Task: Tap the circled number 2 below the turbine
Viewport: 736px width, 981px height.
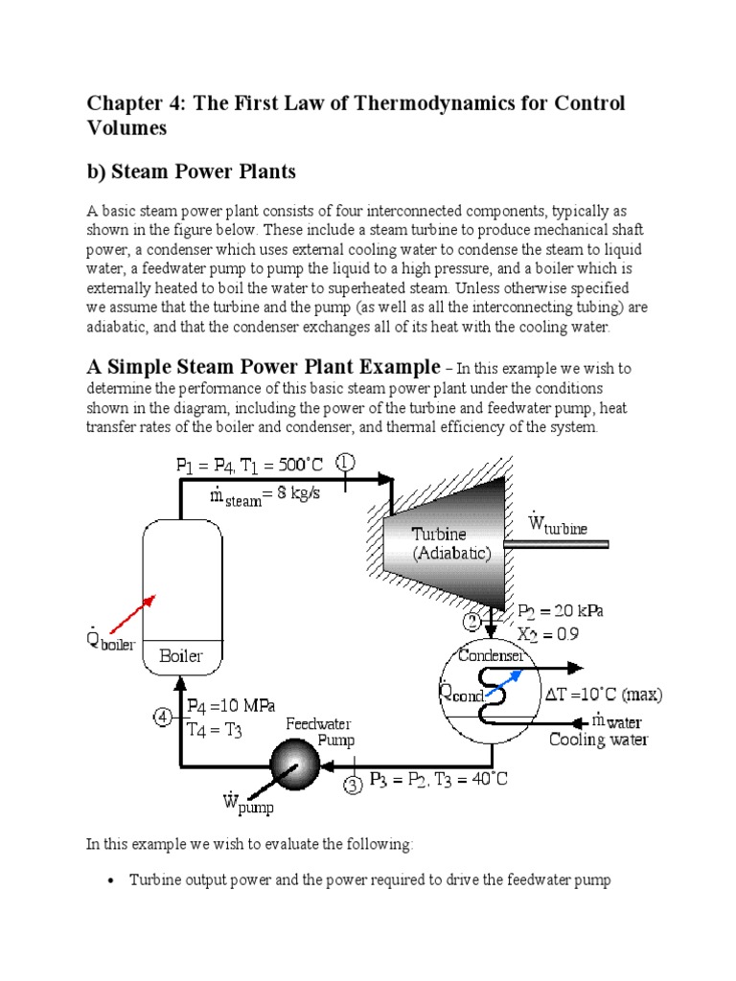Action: [472, 623]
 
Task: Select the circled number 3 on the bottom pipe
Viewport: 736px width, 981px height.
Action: [353, 787]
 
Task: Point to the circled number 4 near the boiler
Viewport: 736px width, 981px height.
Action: [163, 716]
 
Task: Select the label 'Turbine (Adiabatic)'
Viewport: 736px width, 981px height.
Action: [450, 542]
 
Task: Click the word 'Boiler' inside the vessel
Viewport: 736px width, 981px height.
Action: [182, 658]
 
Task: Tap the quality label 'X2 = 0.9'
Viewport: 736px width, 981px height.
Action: [548, 633]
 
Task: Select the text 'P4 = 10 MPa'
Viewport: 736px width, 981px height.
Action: [230, 706]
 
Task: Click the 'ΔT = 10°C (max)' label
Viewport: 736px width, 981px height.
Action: [603, 694]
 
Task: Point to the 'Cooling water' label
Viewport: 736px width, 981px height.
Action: [598, 740]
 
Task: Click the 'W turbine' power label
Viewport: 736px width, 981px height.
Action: [569, 524]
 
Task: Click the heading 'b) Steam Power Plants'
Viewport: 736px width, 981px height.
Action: [192, 171]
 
